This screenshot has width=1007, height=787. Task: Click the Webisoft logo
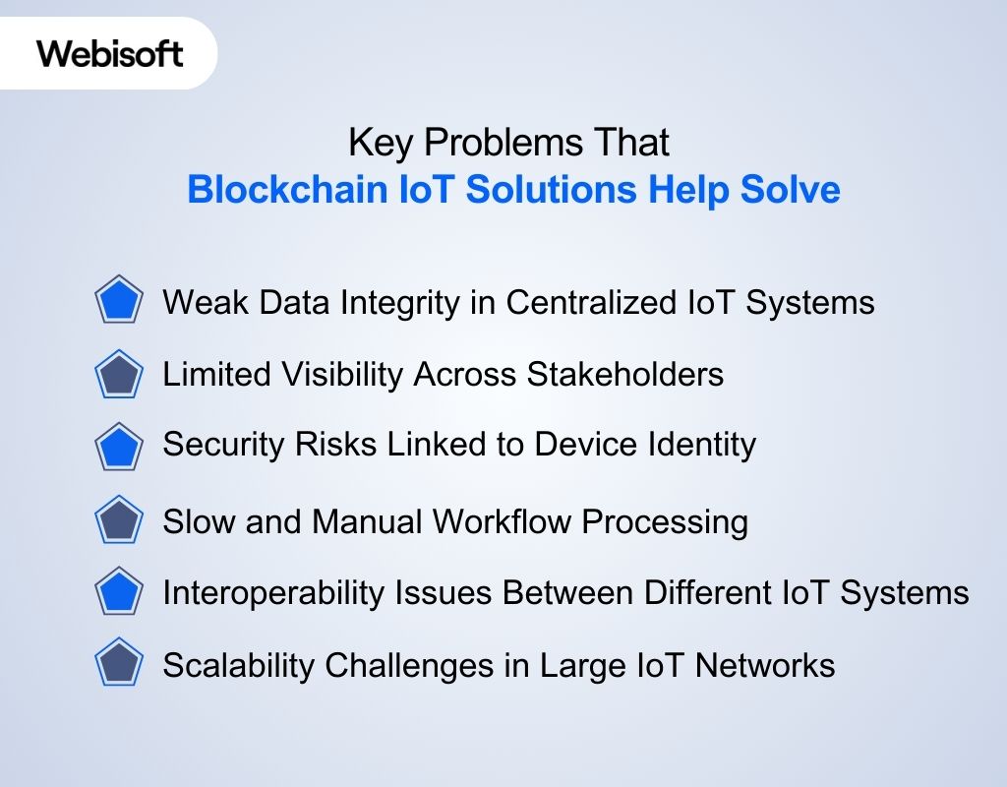pyautogui.click(x=110, y=53)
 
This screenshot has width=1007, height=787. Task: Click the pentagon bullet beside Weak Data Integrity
pyautogui.click(x=119, y=300)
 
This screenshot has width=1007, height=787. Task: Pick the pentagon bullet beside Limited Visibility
pyautogui.click(x=119, y=375)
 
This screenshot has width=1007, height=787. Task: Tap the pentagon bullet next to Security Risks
pyautogui.click(x=119, y=446)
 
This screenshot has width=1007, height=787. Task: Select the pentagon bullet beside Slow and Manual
pyautogui.click(x=119, y=519)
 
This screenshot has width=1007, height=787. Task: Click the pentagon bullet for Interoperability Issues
pyautogui.click(x=119, y=592)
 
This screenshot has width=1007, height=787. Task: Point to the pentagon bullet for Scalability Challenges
pyautogui.click(x=119, y=664)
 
